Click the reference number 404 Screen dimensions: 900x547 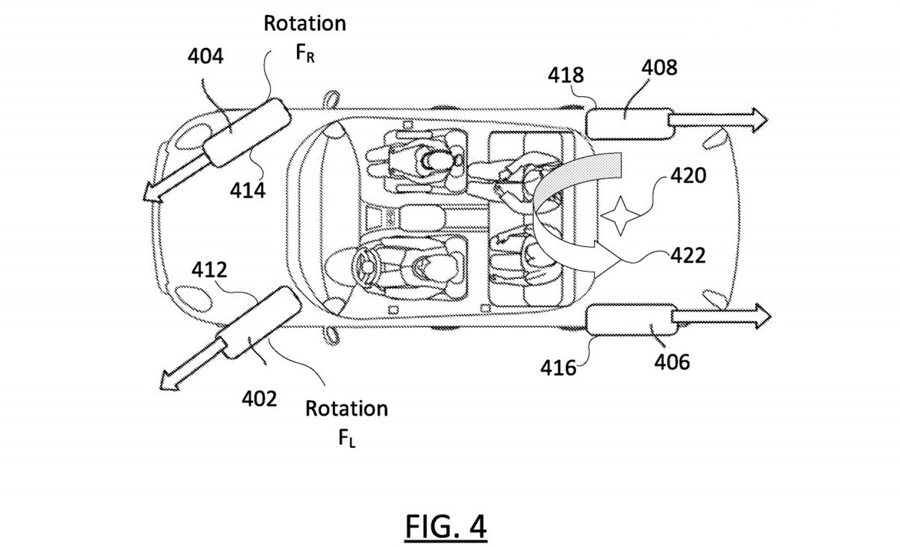[205, 56]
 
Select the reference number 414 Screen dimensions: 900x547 [247, 191]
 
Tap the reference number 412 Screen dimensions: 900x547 [209, 269]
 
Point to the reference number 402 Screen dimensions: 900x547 [259, 399]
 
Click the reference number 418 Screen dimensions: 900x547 [565, 75]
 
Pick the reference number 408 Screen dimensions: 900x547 [659, 68]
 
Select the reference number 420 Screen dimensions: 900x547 [688, 176]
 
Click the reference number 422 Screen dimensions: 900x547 [688, 256]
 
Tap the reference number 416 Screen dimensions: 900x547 [558, 368]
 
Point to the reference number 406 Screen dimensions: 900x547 [672, 362]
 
